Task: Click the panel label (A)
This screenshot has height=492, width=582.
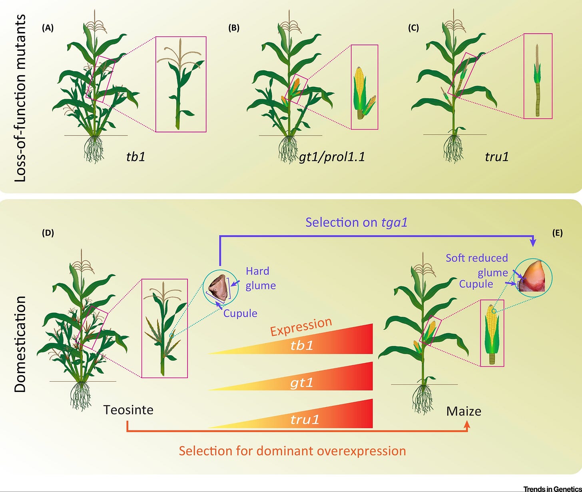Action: pos(48,28)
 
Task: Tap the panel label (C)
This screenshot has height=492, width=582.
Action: pos(413,28)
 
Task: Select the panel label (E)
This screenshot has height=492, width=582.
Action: pos(558,233)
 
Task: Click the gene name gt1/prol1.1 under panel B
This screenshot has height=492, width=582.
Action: pos(332,157)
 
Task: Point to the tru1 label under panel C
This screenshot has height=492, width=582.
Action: pos(497,157)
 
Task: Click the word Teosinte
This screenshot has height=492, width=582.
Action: pos(128,410)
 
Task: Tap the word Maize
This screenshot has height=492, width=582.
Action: pos(464,411)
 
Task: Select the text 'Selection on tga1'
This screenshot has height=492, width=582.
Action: pos(357,222)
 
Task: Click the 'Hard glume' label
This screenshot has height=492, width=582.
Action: pos(261,278)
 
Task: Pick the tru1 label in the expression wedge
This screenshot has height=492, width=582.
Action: pos(305,419)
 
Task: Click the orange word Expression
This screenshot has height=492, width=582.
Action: pos(301,327)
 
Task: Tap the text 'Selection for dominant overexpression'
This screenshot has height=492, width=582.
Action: pos(292,451)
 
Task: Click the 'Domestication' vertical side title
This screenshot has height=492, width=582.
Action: pos(20,344)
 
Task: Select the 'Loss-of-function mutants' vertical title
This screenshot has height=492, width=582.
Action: pos(20,98)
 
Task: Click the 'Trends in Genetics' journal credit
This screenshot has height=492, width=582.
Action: pos(552,489)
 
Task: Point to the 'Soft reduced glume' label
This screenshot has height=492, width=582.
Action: pos(477,265)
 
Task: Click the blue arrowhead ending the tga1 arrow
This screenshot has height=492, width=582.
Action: pos(533,243)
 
